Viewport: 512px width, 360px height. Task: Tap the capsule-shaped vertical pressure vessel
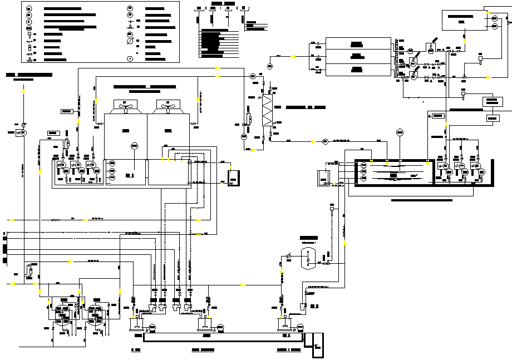(308, 259)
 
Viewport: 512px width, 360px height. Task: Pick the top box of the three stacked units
(358, 44)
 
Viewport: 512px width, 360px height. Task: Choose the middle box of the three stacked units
(358, 57)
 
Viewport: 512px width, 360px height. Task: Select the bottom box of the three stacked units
(358, 70)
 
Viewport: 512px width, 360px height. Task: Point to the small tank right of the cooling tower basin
(234, 177)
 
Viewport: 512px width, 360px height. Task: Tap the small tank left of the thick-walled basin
(322, 177)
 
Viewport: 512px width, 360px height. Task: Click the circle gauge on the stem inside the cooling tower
(134, 146)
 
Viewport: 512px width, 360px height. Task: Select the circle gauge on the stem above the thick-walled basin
(399, 132)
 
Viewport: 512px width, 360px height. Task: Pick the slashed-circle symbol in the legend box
(130, 41)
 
